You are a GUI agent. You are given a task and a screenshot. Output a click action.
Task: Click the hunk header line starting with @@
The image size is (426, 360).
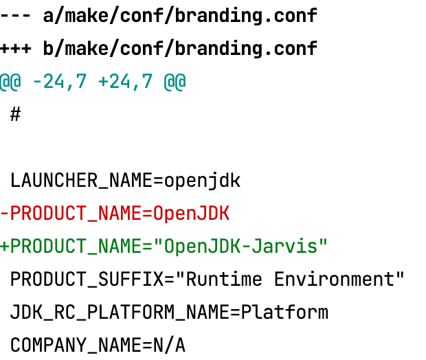tap(93, 82)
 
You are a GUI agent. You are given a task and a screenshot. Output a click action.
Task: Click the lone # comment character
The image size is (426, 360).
tap(16, 115)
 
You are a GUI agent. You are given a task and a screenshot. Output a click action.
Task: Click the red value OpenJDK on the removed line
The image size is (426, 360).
tap(191, 214)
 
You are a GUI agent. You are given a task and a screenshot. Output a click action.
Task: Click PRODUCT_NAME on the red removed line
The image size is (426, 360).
tap(76, 214)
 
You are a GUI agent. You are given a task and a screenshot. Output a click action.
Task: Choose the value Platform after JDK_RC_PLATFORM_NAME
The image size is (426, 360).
tap(284, 313)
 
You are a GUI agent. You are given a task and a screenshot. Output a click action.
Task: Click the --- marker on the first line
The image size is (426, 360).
tap(16, 16)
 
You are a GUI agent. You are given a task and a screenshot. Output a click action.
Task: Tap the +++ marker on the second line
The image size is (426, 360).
tap(16, 49)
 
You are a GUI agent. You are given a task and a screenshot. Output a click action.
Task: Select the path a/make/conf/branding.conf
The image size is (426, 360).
tap(180, 16)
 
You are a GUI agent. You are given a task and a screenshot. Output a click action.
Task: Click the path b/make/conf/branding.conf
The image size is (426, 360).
tap(180, 49)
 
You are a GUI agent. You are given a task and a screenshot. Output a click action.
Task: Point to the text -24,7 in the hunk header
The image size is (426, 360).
tap(60, 82)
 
